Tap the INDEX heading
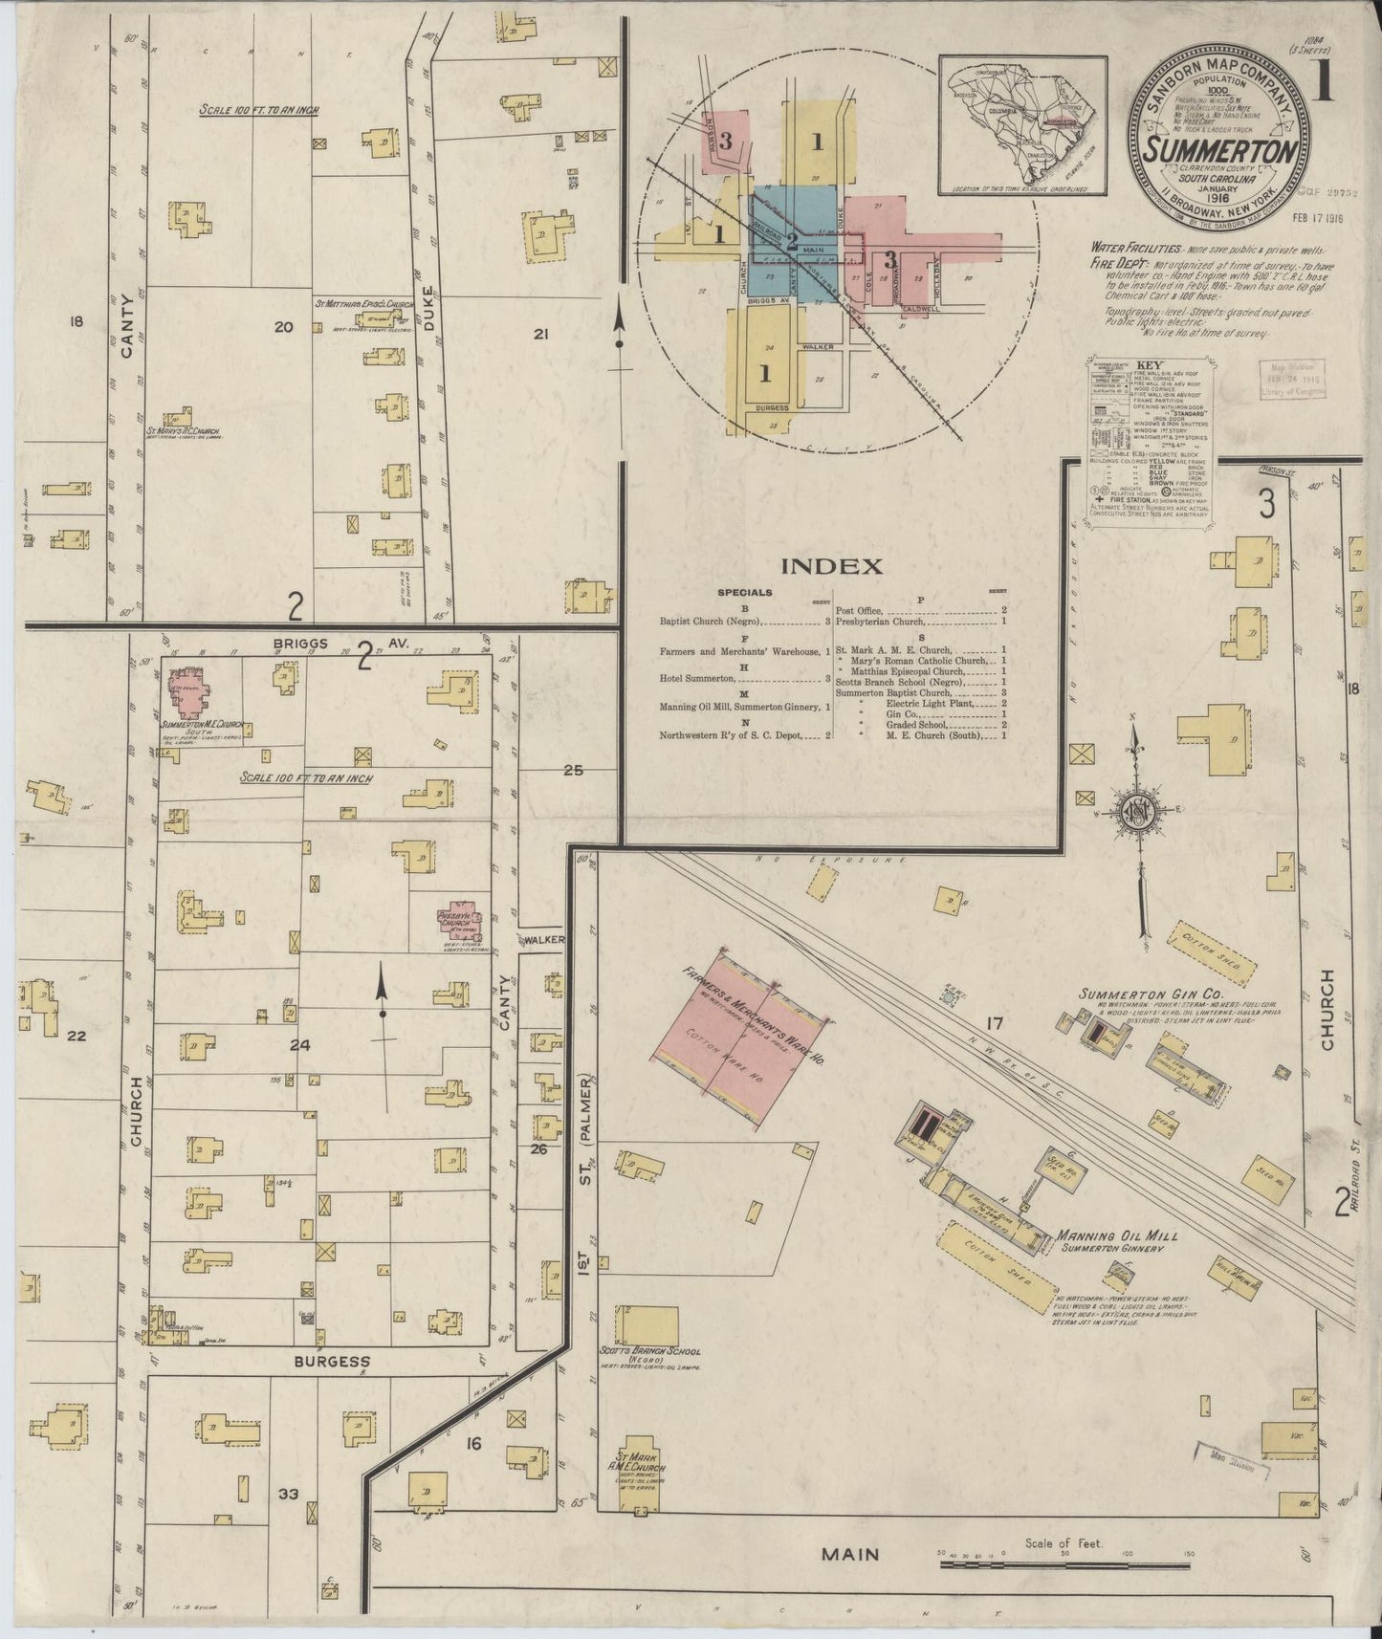point(831,566)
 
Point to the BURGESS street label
point(331,1360)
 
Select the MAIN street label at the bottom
point(850,1554)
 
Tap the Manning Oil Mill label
point(1116,1235)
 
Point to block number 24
point(300,1046)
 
